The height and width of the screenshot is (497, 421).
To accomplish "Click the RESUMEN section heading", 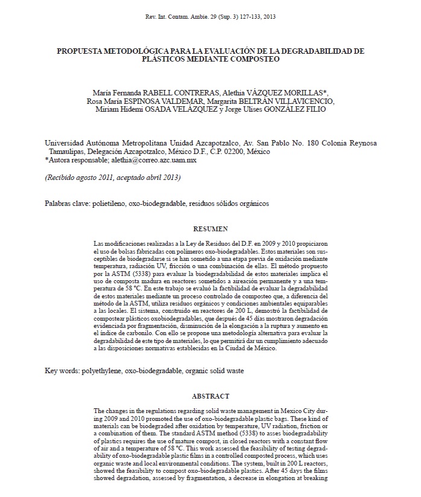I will [x=210, y=229].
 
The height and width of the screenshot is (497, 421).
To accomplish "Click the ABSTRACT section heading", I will [x=210, y=396].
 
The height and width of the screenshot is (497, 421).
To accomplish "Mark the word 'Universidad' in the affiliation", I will [x=68, y=143].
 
